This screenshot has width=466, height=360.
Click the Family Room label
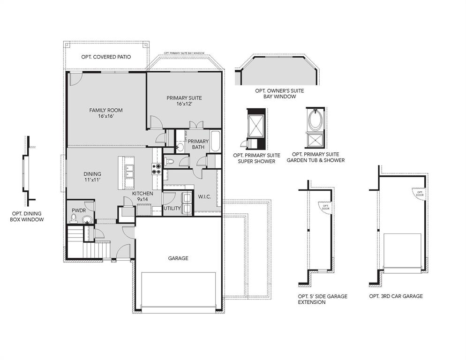pos(106,113)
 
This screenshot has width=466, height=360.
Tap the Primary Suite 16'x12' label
pos(184,101)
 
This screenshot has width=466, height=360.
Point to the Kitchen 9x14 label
pos(143,196)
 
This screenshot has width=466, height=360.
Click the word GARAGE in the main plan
pos(178,258)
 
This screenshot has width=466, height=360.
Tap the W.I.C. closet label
pos(204,197)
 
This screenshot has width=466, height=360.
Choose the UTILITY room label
pos(172,208)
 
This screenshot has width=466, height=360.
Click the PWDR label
pos(78,210)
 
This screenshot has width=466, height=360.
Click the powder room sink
pos(87,219)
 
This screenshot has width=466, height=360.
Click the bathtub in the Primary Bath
pos(215,142)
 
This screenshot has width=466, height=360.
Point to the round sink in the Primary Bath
pos(180,147)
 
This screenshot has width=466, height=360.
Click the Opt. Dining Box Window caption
pos(27,216)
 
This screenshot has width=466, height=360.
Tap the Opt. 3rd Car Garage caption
pos(396,296)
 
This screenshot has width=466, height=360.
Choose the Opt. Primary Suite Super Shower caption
pos(256,157)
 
